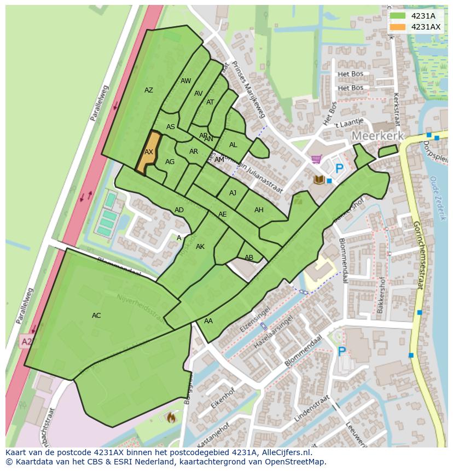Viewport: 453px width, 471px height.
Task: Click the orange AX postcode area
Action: click(148, 153)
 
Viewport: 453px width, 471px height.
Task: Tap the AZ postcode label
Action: click(149, 90)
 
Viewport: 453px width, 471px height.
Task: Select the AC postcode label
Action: click(96, 316)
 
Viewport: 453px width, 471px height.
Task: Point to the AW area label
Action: click(186, 81)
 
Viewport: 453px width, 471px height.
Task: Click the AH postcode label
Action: click(259, 210)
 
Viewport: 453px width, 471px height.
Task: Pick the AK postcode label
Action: click(200, 247)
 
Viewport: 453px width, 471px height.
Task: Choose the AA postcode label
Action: click(208, 321)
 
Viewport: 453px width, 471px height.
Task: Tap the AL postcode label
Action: click(233, 145)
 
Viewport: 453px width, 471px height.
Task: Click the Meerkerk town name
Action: click(377, 136)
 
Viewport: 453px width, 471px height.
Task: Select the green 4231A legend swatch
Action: click(398, 16)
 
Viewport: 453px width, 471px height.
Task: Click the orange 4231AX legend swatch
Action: click(398, 27)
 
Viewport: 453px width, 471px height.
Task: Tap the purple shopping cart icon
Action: click(316, 160)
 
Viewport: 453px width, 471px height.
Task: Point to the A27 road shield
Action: click(26, 342)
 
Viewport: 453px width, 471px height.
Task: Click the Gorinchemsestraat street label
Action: click(420, 255)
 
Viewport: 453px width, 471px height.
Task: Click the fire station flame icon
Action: click(171, 418)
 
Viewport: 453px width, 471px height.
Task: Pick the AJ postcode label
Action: click(233, 193)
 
